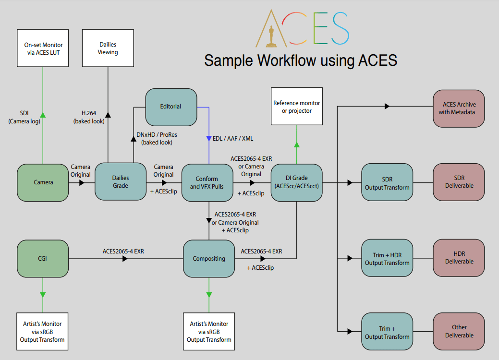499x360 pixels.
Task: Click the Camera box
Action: (43, 182)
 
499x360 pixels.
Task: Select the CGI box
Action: (43, 259)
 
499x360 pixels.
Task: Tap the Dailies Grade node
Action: (121, 181)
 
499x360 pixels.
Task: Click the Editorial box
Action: (171, 106)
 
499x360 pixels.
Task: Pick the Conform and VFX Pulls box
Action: (207, 182)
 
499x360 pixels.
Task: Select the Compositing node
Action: (209, 259)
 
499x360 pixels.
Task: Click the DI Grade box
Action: (296, 182)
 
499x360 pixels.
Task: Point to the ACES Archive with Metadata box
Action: (459, 108)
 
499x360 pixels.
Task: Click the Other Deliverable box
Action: (459, 331)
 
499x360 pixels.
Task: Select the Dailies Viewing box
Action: (108, 48)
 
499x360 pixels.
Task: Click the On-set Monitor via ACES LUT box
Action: (43, 48)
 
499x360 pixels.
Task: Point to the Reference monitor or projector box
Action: (296, 107)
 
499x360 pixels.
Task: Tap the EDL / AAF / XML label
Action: (232, 139)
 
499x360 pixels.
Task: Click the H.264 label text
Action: (89, 113)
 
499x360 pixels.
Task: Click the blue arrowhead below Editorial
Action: (209, 139)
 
